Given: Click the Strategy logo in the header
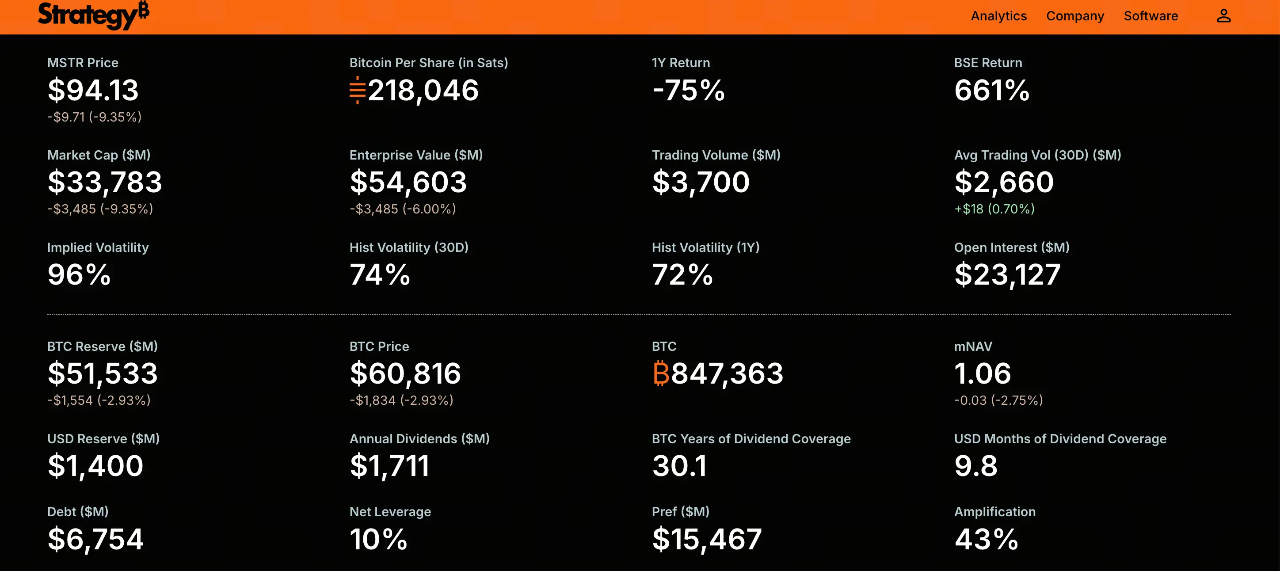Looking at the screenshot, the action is pyautogui.click(x=93, y=15).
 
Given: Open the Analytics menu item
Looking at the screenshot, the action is pyautogui.click(x=999, y=16).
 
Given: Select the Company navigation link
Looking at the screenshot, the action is pyautogui.click(x=1075, y=16).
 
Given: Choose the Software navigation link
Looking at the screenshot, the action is pyautogui.click(x=1151, y=16).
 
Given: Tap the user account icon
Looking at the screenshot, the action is pyautogui.click(x=1223, y=16).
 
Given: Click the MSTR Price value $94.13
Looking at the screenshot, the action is pyautogui.click(x=93, y=90).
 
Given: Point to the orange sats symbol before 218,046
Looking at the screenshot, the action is pyautogui.click(x=357, y=90).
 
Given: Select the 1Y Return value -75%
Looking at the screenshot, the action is pyautogui.click(x=688, y=90).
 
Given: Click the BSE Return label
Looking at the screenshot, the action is pyautogui.click(x=988, y=63).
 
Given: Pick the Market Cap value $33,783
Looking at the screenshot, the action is pyautogui.click(x=105, y=182).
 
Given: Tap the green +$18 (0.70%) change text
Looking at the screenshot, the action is pyautogui.click(x=994, y=209).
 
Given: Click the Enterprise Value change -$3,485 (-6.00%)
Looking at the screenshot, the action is pyautogui.click(x=403, y=209).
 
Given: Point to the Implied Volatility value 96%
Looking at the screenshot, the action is pyautogui.click(x=79, y=274).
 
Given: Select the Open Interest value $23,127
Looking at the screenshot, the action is pyautogui.click(x=1007, y=274).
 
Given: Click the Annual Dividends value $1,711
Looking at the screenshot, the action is pyautogui.click(x=389, y=466).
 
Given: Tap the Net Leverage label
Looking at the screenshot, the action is pyautogui.click(x=390, y=511).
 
